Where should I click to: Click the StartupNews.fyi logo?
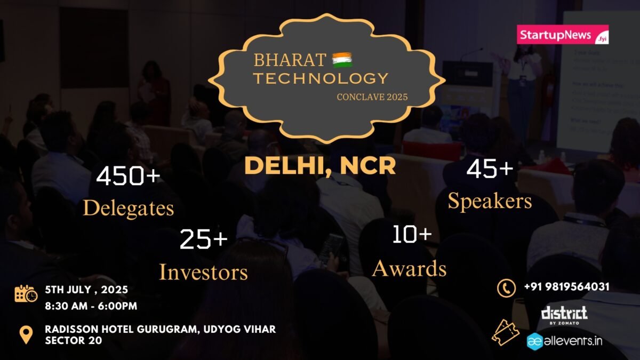tap(563, 35)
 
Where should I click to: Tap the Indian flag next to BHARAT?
tap(342, 60)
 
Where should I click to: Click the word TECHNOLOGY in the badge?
tap(321, 78)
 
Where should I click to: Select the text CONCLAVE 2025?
tap(372, 97)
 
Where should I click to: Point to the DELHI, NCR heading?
tap(320, 166)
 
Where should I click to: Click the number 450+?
tap(128, 175)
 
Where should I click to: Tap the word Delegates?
tap(129, 208)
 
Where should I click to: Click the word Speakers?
tap(490, 202)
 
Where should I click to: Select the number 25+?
tap(203, 239)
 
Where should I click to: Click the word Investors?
tap(203, 272)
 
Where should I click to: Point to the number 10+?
tap(412, 234)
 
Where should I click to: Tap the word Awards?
tap(409, 269)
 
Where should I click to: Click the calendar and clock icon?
tap(26, 293)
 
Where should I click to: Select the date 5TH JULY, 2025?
tap(86, 290)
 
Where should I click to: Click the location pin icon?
tap(26, 335)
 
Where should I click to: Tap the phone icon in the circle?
tap(506, 289)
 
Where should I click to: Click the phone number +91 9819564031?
tap(566, 287)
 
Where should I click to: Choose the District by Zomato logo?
tap(564, 315)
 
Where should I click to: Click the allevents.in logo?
tap(565, 341)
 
